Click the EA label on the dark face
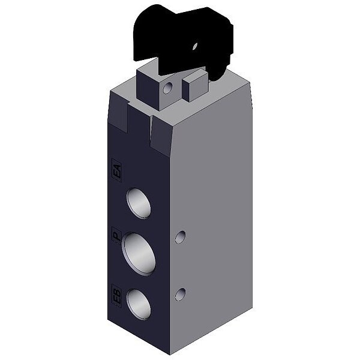click(x=117, y=170)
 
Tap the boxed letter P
click(x=116, y=236)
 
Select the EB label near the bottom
click(x=117, y=296)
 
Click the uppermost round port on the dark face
click(x=139, y=203)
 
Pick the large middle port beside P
click(x=139, y=254)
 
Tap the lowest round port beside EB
click(x=139, y=305)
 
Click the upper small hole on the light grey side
click(x=181, y=237)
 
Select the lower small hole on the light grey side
click(x=181, y=295)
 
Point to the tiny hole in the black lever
click(x=195, y=46)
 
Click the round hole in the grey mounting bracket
click(x=168, y=88)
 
